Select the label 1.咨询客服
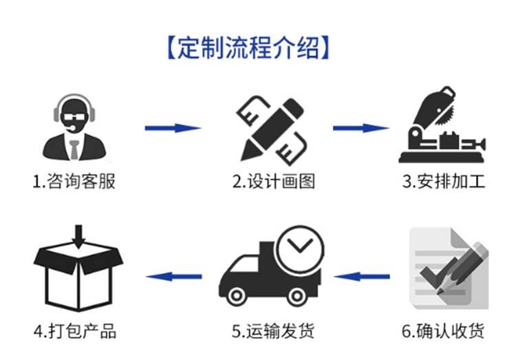coord(74,182)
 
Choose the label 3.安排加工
coord(444,182)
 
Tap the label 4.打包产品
coord(75,331)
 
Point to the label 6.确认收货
coord(444,331)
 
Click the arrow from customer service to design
coord(172,128)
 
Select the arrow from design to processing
coord(361,128)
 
